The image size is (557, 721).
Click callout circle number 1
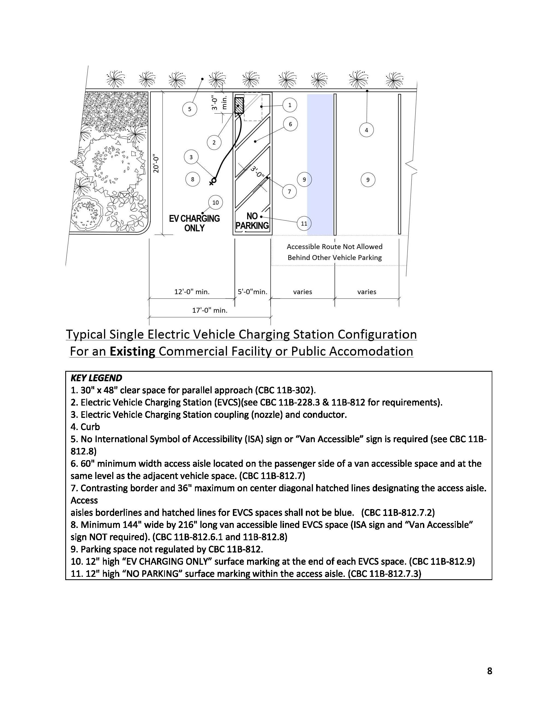[290, 105]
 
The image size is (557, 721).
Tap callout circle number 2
[214, 143]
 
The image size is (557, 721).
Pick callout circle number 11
[304, 223]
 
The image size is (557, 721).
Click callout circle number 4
[366, 130]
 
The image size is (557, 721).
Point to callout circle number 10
[215, 202]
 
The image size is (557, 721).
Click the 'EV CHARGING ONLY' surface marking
[194, 223]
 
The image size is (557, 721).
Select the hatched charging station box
[239, 105]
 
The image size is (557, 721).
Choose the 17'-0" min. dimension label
[210, 310]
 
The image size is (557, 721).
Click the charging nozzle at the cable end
[213, 181]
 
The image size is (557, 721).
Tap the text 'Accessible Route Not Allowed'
[334, 247]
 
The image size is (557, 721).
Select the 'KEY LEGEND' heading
[96, 378]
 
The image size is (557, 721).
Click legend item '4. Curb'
[85, 427]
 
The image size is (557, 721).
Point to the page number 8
[489, 671]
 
